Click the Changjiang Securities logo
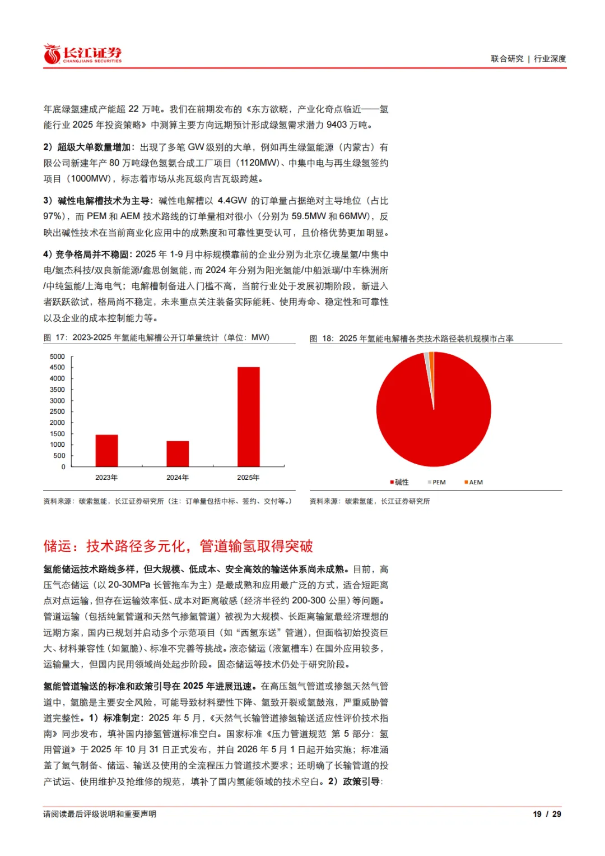click(82, 54)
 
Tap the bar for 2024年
click(178, 454)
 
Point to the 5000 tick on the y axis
click(57, 357)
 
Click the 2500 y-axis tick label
click(57, 411)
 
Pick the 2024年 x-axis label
click(178, 478)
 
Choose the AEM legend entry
click(474, 482)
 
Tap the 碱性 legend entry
click(400, 482)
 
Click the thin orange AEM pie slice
click(432, 370)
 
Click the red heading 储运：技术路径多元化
click(178, 546)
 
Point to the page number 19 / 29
click(547, 814)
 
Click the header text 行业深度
click(550, 59)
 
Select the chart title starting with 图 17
click(157, 337)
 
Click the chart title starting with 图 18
click(412, 339)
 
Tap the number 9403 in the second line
click(337, 125)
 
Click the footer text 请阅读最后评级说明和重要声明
click(100, 814)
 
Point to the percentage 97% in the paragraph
click(53, 216)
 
